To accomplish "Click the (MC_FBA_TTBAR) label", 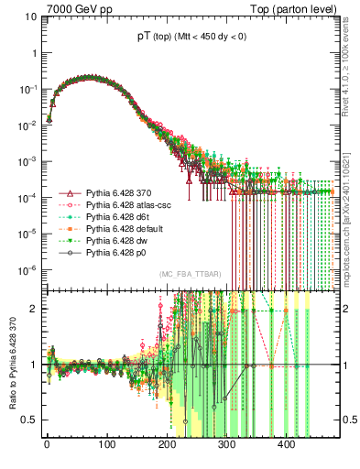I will (x=190, y=275).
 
